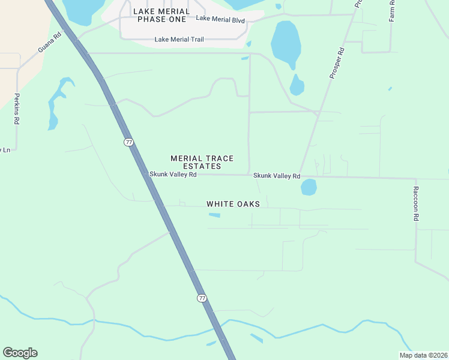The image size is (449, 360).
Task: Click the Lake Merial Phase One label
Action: [161, 16]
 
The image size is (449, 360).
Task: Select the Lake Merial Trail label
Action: [179, 40]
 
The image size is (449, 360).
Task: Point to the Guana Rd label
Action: [50, 42]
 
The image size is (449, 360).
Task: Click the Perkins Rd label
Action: [17, 109]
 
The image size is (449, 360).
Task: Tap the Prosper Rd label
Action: [337, 63]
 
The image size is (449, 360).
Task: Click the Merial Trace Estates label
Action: [202, 162]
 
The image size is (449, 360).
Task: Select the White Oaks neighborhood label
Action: [233, 204]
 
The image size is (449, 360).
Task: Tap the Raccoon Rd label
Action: [415, 203]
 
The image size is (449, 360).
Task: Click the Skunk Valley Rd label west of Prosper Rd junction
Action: [276, 176]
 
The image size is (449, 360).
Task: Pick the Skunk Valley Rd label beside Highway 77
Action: [173, 175]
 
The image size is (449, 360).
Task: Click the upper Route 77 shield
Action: [128, 142]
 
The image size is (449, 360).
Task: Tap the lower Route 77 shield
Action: [202, 298]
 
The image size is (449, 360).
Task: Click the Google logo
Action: [20, 353]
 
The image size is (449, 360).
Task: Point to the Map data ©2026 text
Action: [423, 355]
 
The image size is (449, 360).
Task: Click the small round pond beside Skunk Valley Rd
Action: [309, 187]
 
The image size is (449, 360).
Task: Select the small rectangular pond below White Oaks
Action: [214, 216]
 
